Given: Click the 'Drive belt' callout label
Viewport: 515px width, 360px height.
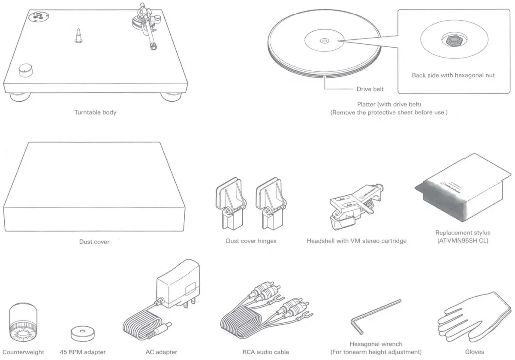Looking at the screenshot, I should click(370, 89).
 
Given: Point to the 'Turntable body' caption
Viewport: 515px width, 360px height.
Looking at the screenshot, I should click(95, 112).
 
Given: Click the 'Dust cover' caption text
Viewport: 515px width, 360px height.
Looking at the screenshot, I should click(94, 242).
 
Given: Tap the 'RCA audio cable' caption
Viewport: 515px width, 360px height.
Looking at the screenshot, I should click(266, 352).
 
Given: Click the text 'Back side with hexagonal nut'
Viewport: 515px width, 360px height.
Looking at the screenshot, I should click(453, 75).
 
